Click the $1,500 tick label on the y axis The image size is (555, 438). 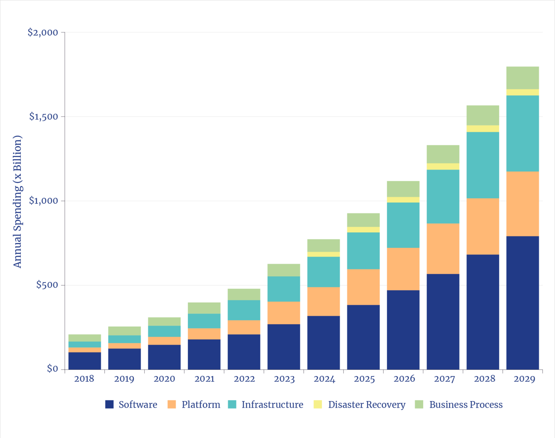coord(44,117)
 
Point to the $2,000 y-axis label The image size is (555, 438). coord(43,33)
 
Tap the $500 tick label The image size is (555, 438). coord(47,285)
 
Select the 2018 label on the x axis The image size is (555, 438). coord(84,379)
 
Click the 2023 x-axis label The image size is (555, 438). coord(284,379)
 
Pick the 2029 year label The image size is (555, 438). coord(524,379)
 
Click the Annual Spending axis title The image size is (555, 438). coord(17,202)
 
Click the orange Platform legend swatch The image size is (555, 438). coord(172,404)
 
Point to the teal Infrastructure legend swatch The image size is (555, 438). coord(232,404)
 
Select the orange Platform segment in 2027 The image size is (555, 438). coord(443,249)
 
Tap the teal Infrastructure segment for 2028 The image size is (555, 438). coord(482,165)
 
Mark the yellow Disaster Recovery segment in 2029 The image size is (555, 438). coord(522,92)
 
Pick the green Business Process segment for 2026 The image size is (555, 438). coord(403,189)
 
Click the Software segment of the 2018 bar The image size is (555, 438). coord(85,361)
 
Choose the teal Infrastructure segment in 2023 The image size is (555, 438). coord(284,289)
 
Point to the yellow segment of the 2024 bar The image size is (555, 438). coord(324,254)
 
